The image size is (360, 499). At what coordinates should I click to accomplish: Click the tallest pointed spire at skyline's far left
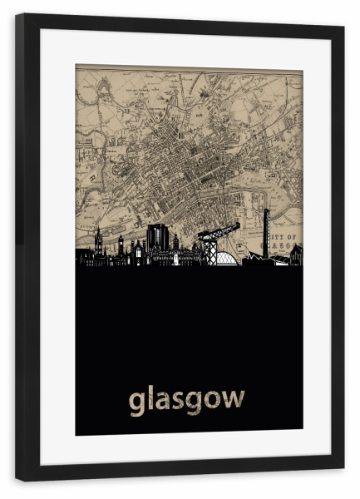(98, 240)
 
